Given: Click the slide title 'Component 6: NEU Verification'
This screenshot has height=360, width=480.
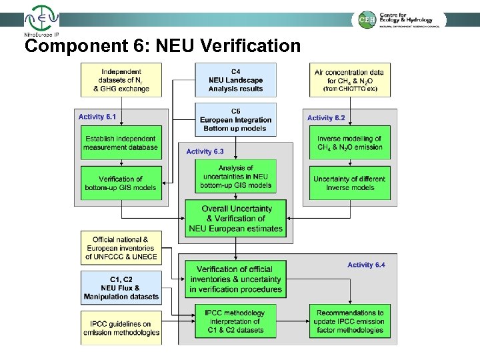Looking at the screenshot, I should click(162, 46).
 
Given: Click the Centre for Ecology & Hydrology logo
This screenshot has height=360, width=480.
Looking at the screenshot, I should click(399, 19).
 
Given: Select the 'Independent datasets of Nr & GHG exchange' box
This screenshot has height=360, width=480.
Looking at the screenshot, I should click(121, 79).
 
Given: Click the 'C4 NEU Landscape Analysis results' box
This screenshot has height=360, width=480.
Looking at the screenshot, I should click(235, 79).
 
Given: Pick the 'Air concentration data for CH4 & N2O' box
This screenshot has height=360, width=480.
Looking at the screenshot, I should click(349, 79).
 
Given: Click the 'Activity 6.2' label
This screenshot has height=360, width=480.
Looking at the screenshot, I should click(326, 117).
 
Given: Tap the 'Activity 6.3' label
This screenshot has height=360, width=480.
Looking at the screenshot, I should click(205, 151).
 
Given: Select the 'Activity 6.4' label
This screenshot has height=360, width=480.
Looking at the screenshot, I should click(366, 265).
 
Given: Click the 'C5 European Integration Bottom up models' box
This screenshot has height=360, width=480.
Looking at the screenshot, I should click(235, 119).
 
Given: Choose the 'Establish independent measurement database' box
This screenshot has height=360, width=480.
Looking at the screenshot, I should click(121, 143).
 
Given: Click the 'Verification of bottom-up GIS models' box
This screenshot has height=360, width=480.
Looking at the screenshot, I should click(121, 183).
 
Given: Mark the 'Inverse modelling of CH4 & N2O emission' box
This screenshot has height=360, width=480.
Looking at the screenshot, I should click(349, 143).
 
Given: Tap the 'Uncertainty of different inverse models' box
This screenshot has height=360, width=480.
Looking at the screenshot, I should click(349, 183).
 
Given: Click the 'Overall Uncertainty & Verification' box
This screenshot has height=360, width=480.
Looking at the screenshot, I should click(235, 218).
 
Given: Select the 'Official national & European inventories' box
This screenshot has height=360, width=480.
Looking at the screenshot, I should click(121, 247).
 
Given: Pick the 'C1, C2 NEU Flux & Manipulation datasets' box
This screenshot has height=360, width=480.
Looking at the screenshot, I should click(121, 287).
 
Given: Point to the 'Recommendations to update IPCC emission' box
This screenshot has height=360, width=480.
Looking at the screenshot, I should click(349, 321).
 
